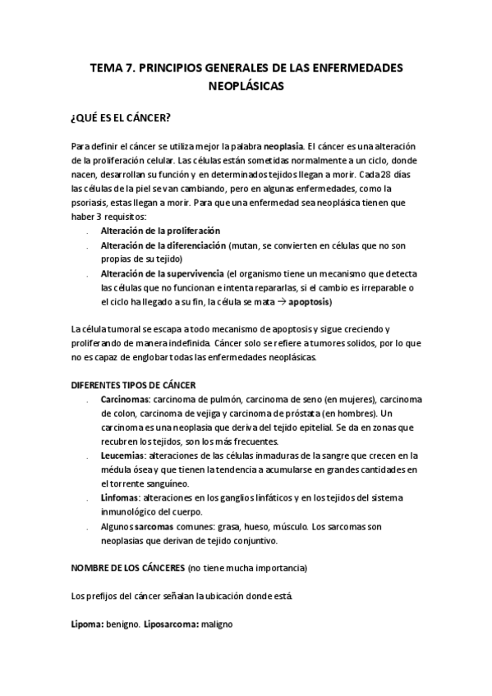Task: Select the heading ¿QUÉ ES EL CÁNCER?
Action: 122,117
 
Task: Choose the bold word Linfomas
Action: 119,497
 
